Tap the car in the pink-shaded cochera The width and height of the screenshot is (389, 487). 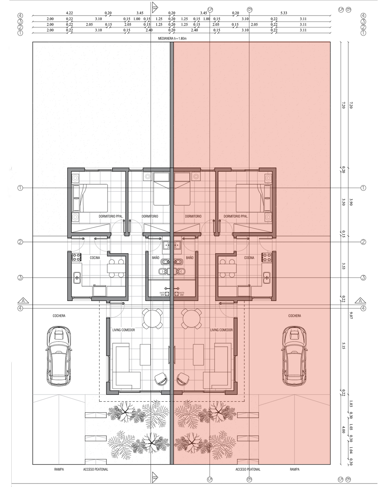294,356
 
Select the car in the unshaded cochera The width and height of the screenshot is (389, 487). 59,356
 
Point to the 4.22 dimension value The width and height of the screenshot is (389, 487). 69,13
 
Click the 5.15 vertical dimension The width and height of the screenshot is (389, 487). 343,347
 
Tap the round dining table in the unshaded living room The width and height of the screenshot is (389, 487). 153,318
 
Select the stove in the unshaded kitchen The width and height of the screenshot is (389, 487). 77,257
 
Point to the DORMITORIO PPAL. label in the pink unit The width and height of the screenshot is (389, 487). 236,216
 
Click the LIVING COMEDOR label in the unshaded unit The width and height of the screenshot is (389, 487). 124,330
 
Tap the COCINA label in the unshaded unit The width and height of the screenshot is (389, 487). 95,258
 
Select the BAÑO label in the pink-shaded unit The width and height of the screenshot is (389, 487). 190,257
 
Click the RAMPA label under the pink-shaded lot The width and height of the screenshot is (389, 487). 295,469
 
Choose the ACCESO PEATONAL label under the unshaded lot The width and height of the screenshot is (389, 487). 96,469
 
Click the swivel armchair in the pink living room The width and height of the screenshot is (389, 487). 183,379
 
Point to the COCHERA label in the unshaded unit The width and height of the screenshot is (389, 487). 59,316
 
